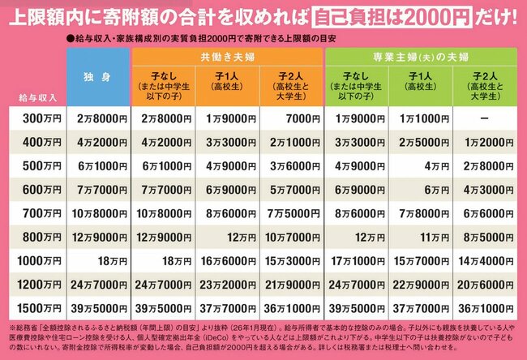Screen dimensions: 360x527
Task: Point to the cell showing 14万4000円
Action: tap(484, 262)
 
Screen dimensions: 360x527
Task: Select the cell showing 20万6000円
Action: tap(484, 285)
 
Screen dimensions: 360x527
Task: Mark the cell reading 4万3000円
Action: tap(484, 191)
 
